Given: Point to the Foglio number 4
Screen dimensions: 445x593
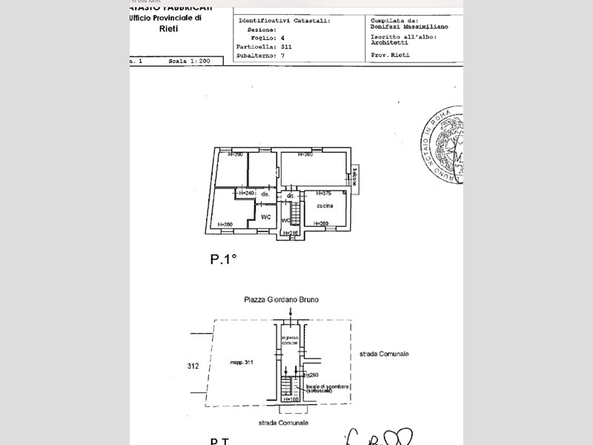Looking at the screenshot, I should point(283,37).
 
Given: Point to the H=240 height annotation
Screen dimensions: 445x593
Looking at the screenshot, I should point(246,193).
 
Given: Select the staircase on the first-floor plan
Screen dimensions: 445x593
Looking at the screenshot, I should point(294,214).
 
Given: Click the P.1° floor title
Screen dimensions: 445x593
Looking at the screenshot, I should point(222,259).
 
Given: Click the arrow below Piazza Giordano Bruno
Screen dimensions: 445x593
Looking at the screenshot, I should point(291,314).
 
